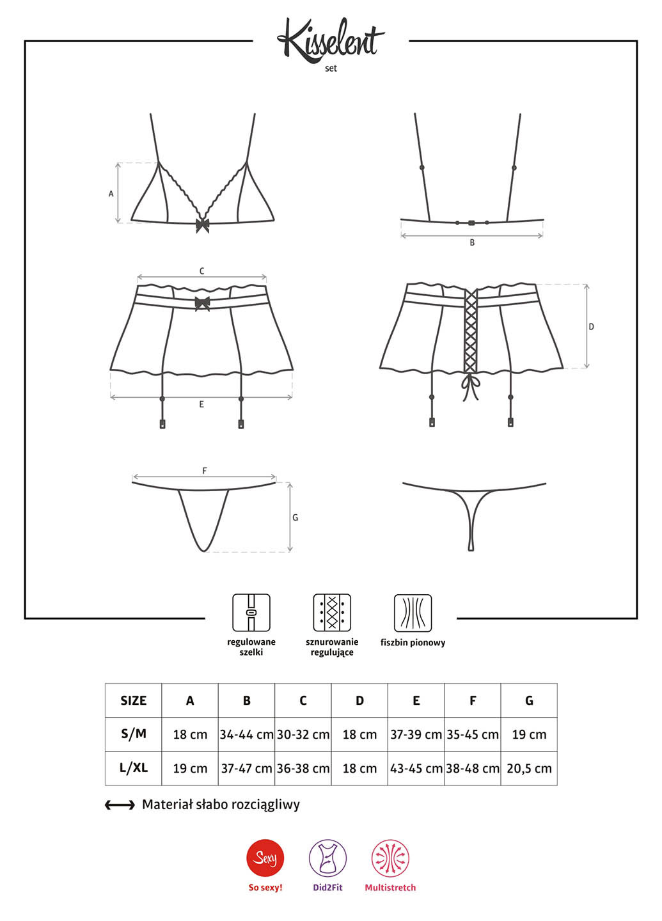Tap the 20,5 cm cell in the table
pyautogui.click(x=529, y=768)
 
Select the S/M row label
pyautogui.click(x=134, y=734)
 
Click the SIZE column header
pyautogui.click(x=133, y=700)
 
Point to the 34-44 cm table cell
pyautogui.click(x=246, y=734)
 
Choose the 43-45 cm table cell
pyautogui.click(x=416, y=768)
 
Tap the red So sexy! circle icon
pyautogui.click(x=265, y=858)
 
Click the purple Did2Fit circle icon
pyautogui.click(x=327, y=858)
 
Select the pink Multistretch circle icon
pyautogui.click(x=390, y=858)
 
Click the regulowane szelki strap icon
pyautogui.click(x=251, y=613)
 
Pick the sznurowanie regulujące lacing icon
pyautogui.click(x=332, y=613)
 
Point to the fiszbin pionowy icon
pyautogui.click(x=413, y=613)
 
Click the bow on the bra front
pyautogui.click(x=202, y=225)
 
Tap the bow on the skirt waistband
pyautogui.click(x=202, y=303)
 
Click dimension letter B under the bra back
pyautogui.click(x=472, y=242)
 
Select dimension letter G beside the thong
pyautogui.click(x=296, y=517)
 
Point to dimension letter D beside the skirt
pyautogui.click(x=591, y=326)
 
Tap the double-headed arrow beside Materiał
pyautogui.click(x=120, y=805)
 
